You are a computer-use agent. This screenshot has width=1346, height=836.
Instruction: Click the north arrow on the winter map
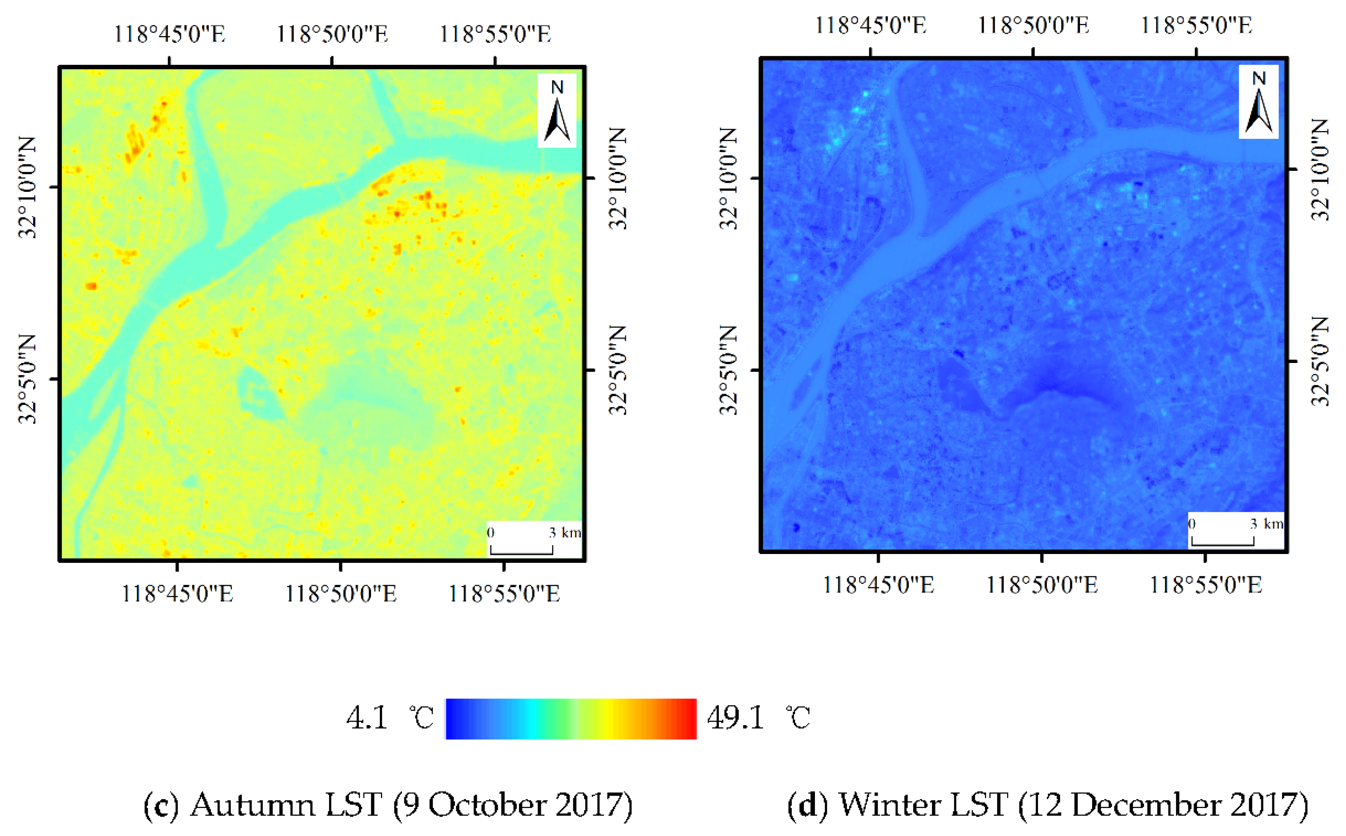tap(1258, 102)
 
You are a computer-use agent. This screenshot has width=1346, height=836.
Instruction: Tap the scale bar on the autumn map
tap(521, 549)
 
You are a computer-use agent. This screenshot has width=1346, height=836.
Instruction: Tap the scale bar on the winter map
tap(1223, 541)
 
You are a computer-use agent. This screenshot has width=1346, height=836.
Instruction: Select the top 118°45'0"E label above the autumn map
tap(169, 34)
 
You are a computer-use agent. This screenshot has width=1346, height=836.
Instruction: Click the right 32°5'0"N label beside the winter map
tap(1320, 362)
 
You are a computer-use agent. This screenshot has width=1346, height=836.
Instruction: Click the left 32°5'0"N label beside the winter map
tap(728, 370)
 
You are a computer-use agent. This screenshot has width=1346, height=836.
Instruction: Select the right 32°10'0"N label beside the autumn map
tap(618, 178)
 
